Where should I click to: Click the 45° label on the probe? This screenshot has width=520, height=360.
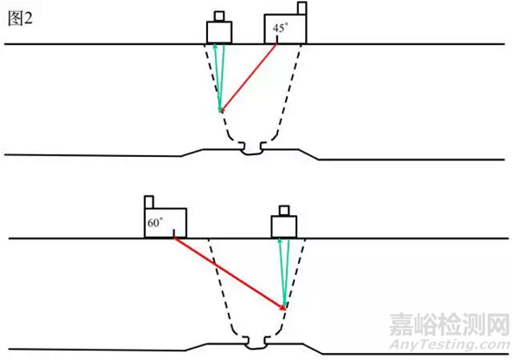click(x=279, y=28)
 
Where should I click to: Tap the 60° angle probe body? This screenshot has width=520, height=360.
click(x=166, y=223)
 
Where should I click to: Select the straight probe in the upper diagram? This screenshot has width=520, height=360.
click(x=219, y=32)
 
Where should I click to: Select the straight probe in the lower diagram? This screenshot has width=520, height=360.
click(x=283, y=226)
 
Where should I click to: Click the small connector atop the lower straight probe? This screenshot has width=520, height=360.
click(x=283, y=211)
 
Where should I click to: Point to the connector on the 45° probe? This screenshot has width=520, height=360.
click(x=302, y=8)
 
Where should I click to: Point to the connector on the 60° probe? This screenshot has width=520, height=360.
click(x=148, y=201)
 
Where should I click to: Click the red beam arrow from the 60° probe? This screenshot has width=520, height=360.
click(x=230, y=272)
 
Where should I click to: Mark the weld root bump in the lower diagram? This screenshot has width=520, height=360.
click(x=253, y=341)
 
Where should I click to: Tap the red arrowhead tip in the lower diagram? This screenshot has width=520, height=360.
click(x=286, y=309)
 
